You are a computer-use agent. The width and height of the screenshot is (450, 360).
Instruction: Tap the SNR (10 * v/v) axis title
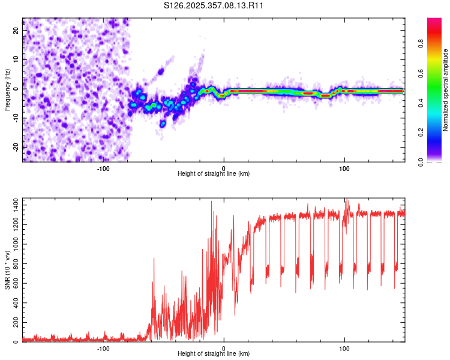pos(7,270)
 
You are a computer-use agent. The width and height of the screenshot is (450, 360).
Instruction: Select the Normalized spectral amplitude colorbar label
pos(445,90)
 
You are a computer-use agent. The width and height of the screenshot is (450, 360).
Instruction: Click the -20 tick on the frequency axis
pos(16,146)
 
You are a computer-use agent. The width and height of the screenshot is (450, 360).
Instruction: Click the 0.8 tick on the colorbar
pos(421,43)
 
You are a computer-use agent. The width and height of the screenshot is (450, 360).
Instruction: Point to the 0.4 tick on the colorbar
pos(421,103)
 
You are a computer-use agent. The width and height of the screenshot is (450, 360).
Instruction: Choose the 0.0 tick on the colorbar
pos(421,161)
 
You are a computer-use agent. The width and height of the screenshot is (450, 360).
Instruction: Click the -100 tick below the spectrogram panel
pos(103,168)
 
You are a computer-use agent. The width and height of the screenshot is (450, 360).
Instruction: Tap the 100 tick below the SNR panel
pos(344,348)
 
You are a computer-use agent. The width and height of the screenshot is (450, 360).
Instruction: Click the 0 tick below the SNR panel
pos(224,348)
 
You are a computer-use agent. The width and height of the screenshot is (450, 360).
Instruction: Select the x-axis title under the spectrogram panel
pos(214,174)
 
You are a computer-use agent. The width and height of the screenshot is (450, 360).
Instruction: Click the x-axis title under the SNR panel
pos(214,354)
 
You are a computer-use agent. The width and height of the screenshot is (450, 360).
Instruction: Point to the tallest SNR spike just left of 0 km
pos(211,202)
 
